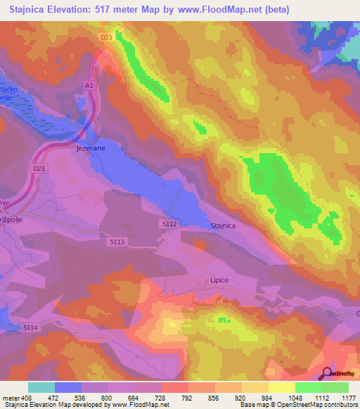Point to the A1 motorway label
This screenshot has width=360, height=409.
(89, 85)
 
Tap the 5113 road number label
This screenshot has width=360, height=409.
(117, 242)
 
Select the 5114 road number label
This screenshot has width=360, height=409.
(30, 328)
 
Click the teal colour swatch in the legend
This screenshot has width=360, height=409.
(41, 387)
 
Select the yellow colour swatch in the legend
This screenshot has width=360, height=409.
(282, 387)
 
